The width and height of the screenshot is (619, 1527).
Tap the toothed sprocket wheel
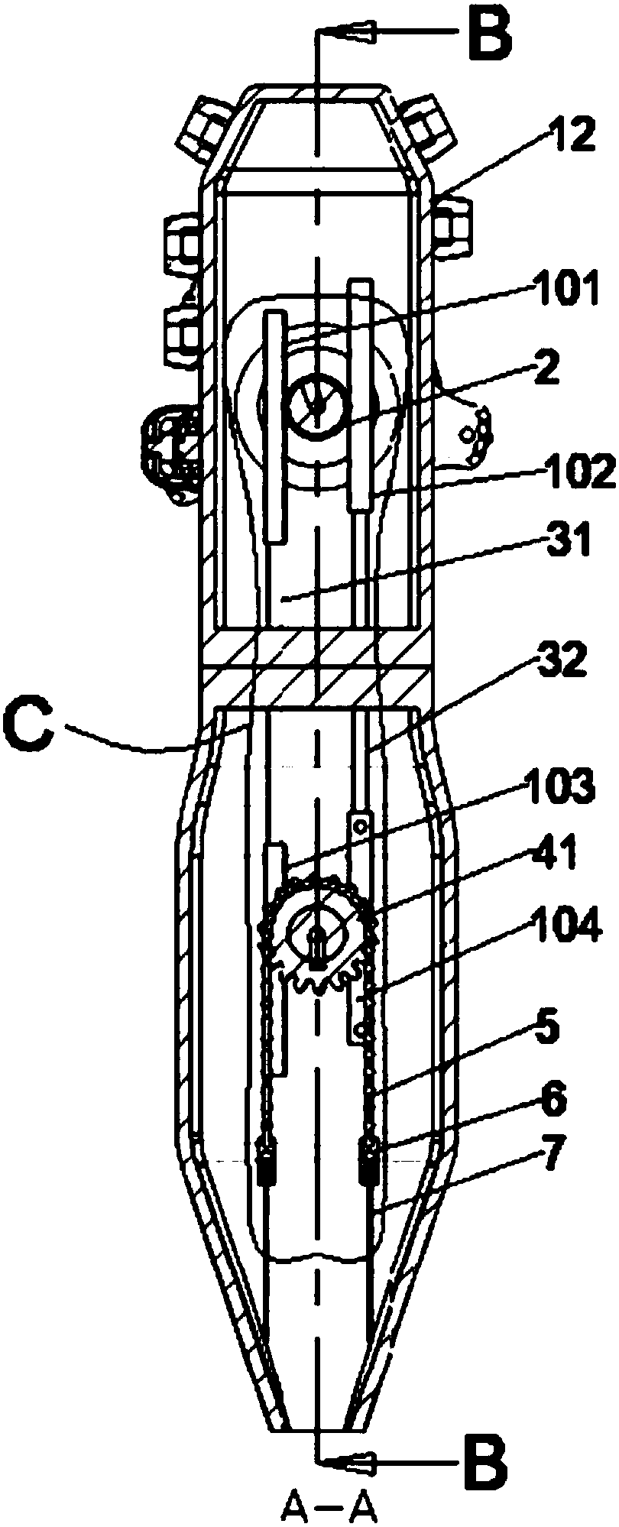pyautogui.click(x=321, y=936)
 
